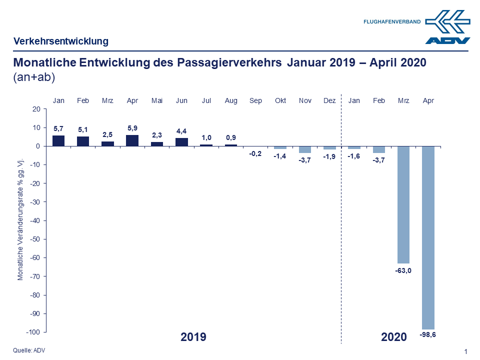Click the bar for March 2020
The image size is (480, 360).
click(403, 204)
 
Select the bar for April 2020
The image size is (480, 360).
click(428, 237)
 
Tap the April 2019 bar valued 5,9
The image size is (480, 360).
click(132, 140)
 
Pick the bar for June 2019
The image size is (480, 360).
click(182, 142)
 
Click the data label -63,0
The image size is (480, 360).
click(403, 271)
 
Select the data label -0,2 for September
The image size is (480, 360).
click(255, 154)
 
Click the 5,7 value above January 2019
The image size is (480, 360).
click(58, 128)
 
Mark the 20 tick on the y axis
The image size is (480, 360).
click(36, 109)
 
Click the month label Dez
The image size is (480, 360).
click(329, 100)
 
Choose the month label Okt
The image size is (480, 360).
click(280, 100)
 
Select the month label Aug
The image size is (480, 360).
click(231, 100)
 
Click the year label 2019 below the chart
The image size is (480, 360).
click(193, 337)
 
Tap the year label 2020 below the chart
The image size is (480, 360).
click(394, 337)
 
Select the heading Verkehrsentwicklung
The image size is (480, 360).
click(61, 41)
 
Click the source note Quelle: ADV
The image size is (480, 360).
click(29, 350)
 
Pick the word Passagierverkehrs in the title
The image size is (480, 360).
click(230, 63)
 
